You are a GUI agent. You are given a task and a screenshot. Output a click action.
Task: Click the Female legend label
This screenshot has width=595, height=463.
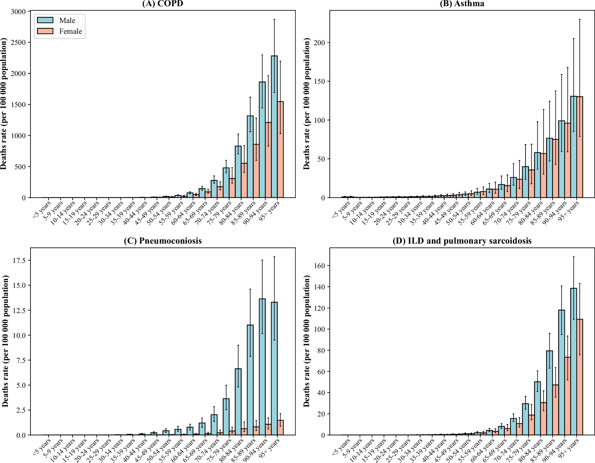[70, 31]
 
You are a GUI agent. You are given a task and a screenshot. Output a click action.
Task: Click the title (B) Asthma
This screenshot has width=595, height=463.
[462, 4]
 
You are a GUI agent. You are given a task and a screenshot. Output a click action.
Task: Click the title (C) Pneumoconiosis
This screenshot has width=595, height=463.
[163, 241]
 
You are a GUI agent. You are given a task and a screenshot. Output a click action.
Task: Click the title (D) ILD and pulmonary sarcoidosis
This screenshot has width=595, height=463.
[462, 241]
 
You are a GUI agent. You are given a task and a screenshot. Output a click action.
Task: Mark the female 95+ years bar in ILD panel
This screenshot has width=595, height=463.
[580, 377]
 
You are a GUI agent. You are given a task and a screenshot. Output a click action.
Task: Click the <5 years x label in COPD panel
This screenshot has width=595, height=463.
[42, 208]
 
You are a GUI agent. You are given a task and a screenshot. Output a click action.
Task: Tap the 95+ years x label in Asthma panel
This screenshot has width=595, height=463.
[569, 210]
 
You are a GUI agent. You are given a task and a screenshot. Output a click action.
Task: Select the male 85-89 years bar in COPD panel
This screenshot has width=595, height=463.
[250, 157]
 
